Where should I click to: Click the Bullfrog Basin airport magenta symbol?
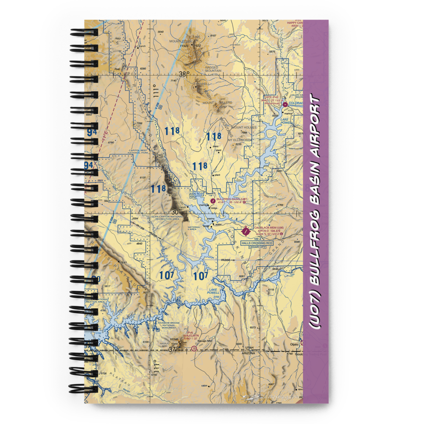coord(212,200)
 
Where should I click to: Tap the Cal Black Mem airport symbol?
coord(246,232)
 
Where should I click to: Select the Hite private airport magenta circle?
coord(285,104)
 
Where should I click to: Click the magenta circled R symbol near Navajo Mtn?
coord(194,349)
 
